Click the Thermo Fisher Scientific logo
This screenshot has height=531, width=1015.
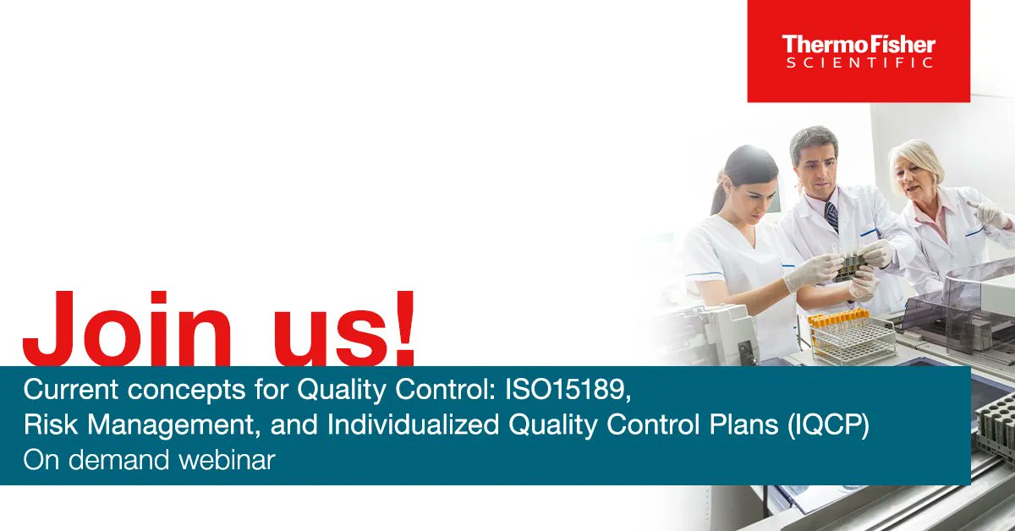point(858,51)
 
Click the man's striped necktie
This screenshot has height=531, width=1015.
point(831,216)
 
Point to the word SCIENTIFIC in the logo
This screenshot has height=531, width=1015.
point(858,63)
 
